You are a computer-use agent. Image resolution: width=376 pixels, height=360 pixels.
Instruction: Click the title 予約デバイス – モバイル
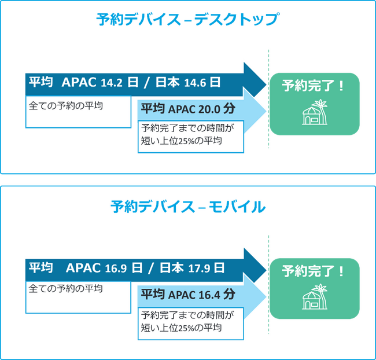[187, 207]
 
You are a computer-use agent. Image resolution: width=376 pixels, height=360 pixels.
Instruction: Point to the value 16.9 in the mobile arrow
[115, 269]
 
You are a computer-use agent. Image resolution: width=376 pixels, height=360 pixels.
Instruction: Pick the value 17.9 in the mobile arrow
[198, 269]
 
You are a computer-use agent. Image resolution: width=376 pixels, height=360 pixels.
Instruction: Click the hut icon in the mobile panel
[315, 298]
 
